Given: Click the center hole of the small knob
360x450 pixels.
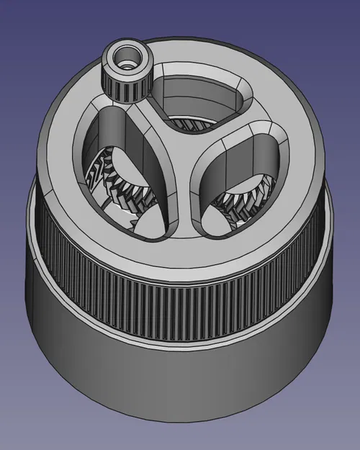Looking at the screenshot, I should tap(127, 58).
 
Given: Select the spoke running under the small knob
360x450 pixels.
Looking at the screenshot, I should tap(148, 115).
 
